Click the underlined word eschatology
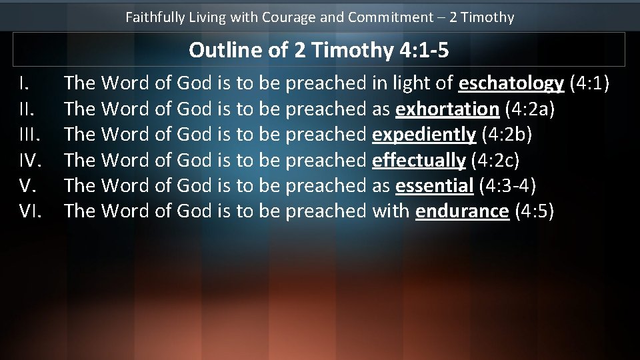(511, 83)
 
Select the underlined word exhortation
(447, 109)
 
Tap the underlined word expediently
(424, 134)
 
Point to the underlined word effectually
(419, 160)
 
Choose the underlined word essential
(434, 185)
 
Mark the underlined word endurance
(462, 211)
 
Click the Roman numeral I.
(23, 83)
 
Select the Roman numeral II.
(25, 109)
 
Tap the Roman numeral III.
(28, 134)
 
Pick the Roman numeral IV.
(30, 160)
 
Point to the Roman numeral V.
(27, 185)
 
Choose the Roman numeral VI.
(30, 211)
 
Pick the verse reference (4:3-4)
(508, 185)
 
